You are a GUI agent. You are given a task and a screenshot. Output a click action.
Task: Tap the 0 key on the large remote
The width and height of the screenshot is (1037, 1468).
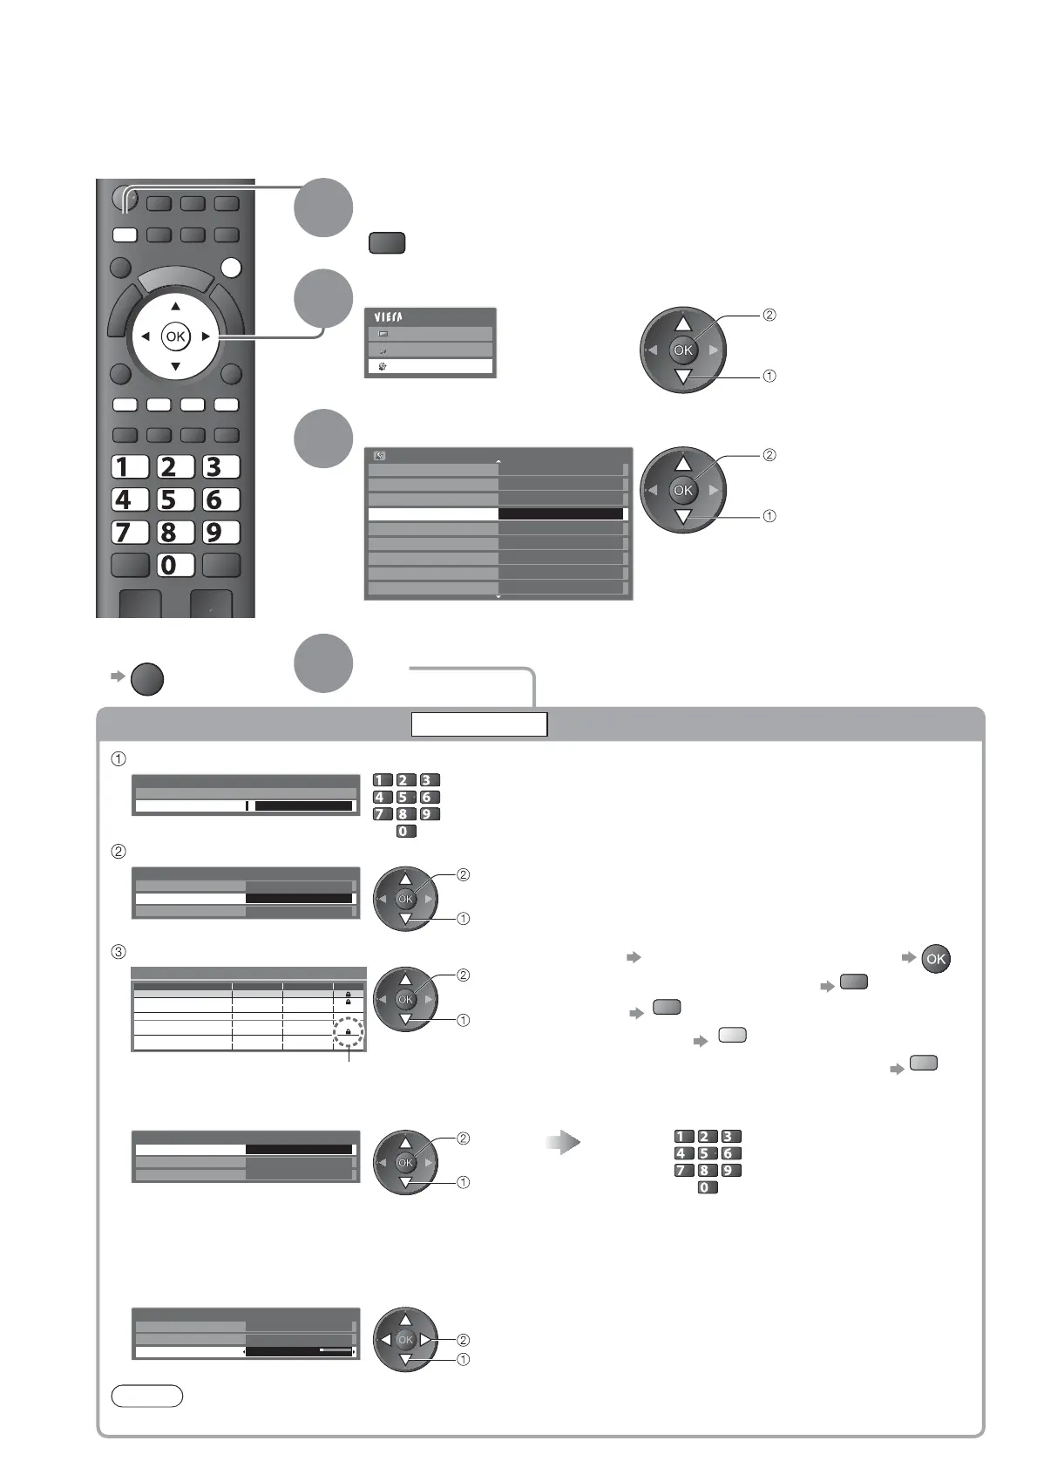(x=175, y=565)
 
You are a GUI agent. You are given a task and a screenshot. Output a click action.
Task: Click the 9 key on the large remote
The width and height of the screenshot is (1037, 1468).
(x=220, y=532)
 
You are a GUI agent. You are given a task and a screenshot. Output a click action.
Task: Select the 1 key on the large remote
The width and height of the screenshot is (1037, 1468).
(x=130, y=467)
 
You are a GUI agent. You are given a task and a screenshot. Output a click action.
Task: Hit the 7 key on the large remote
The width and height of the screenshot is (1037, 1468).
(x=130, y=532)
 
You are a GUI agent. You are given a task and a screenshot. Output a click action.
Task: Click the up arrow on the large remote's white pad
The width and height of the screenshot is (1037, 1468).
(x=175, y=306)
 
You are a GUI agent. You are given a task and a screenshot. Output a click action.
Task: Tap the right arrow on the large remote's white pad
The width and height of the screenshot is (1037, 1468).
(x=206, y=336)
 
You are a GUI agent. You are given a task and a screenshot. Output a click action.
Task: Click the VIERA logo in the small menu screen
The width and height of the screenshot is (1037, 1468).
(x=389, y=317)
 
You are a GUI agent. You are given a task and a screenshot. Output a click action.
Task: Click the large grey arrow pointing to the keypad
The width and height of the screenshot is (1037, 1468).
(x=563, y=1143)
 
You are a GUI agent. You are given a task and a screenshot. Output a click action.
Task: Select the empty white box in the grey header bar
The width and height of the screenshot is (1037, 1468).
(x=479, y=724)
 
